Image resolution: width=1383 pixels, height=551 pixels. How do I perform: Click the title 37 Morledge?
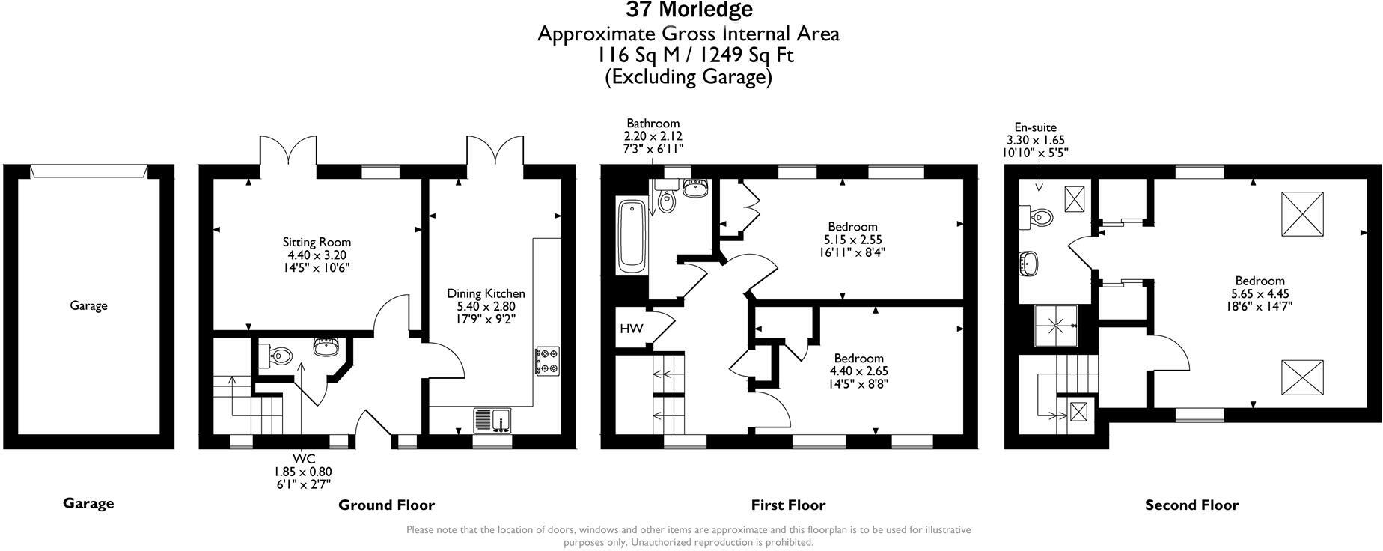click(x=689, y=10)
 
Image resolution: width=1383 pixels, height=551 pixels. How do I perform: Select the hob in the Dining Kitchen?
click(x=548, y=360)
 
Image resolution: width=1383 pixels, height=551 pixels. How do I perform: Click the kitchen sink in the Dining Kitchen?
click(x=492, y=420)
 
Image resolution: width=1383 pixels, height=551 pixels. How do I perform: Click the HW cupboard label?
click(x=630, y=329)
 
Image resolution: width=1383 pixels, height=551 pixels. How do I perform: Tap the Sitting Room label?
click(x=317, y=242)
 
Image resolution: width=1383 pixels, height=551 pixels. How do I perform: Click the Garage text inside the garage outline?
click(x=88, y=305)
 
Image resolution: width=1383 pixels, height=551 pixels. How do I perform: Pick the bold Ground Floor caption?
click(x=386, y=505)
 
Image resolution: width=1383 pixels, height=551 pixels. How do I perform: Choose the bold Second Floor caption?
click(x=1191, y=505)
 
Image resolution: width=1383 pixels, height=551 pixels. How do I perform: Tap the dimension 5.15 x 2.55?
click(x=852, y=240)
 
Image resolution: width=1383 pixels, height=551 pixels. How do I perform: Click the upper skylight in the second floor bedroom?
click(x=1303, y=214)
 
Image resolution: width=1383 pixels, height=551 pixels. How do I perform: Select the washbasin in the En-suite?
click(x=1029, y=263)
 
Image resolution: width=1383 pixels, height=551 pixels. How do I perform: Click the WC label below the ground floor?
click(x=304, y=458)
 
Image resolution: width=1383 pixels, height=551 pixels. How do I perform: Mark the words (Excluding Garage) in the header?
click(x=688, y=76)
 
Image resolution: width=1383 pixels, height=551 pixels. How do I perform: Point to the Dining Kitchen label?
click(x=486, y=293)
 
